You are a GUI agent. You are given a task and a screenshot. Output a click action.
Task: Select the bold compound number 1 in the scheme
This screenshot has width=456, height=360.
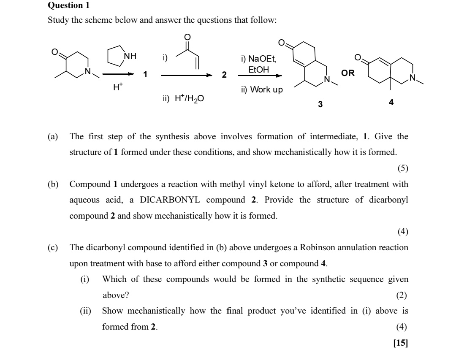click(145, 75)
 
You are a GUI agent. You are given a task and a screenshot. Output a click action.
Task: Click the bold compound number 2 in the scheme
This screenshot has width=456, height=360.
click(225, 75)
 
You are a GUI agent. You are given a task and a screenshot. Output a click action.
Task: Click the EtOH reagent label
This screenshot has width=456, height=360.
click(258, 69)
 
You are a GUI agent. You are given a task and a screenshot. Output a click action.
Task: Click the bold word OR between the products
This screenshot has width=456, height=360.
click(348, 73)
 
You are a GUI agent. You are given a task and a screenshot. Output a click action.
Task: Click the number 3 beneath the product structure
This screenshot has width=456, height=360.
click(320, 104)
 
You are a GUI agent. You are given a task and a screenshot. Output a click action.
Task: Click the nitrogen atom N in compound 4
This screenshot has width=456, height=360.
click(415, 77)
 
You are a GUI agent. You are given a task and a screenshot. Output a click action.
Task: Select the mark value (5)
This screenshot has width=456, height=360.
click(403, 168)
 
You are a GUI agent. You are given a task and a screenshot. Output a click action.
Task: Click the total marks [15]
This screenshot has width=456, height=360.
click(401, 343)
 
